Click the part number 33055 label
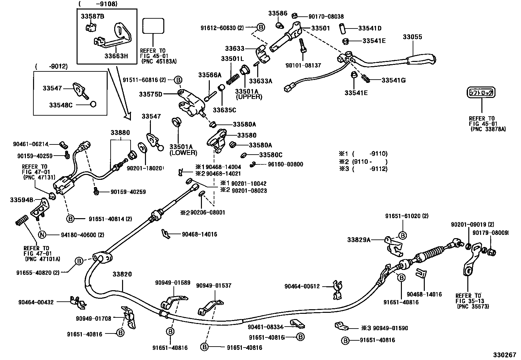(x=412, y=37)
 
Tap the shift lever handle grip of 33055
(x=421, y=60)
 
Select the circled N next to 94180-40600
(x=42, y=235)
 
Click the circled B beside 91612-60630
(x=260, y=28)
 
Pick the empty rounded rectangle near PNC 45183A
(x=153, y=26)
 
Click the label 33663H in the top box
(x=116, y=56)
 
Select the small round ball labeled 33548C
(x=93, y=104)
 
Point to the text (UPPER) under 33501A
(x=249, y=97)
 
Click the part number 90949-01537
(x=214, y=286)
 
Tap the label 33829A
(x=359, y=240)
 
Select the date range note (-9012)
(x=51, y=66)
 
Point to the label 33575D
(x=151, y=95)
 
